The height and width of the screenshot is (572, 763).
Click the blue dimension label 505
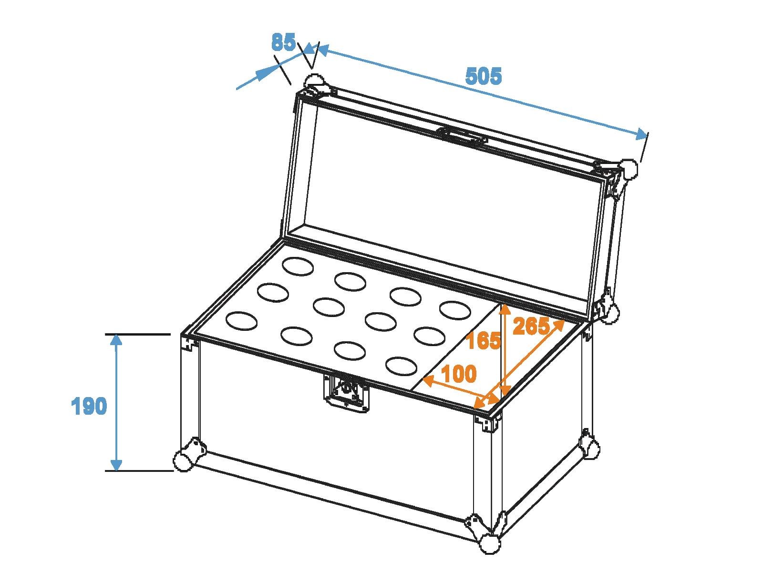point(484,76)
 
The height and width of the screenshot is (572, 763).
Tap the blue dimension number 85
point(283,42)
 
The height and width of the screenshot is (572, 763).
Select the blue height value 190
point(89,406)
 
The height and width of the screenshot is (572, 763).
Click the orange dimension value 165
point(483,340)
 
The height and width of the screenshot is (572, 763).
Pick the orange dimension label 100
point(459,374)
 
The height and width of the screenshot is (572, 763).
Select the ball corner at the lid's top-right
point(629,169)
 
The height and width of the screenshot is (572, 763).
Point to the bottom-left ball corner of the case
point(183,460)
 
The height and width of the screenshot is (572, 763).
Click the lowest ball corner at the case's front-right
point(491,552)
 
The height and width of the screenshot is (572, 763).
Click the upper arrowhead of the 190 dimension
point(116,341)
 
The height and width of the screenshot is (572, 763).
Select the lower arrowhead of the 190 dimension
point(116,464)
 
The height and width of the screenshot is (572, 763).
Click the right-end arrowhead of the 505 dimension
point(641,134)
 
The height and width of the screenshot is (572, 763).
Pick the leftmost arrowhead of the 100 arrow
point(429,381)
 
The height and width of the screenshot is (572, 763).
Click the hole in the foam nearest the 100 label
point(401,366)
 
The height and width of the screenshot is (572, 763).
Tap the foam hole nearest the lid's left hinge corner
point(298,266)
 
